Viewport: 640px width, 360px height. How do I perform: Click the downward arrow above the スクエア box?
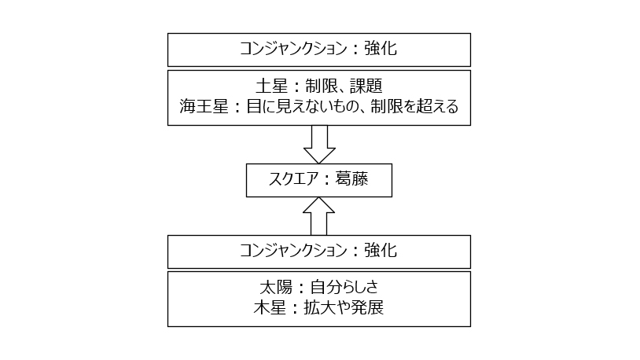[x=319, y=144]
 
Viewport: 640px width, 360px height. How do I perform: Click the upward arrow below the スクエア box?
[x=318, y=216]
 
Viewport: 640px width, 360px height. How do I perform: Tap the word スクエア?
[x=293, y=179]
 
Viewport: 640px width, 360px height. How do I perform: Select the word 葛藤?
[x=351, y=179]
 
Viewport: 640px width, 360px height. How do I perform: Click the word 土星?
[x=272, y=86]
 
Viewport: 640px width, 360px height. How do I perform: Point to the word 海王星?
[x=204, y=107]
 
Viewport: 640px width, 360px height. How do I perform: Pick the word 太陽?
[x=276, y=288]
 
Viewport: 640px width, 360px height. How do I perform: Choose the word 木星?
[x=270, y=308]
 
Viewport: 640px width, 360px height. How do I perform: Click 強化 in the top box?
[x=381, y=49]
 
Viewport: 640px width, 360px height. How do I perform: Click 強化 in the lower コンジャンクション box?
[x=381, y=250]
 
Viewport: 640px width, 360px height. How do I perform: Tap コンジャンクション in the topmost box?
[x=293, y=49]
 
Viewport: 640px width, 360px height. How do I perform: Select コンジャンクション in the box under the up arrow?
[x=293, y=250]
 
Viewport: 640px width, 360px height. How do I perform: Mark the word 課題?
[x=366, y=86]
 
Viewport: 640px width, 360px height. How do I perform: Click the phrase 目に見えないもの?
[x=302, y=107]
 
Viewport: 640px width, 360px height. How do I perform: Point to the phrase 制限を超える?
[x=414, y=107]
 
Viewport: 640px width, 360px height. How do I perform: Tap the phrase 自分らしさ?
[x=344, y=288]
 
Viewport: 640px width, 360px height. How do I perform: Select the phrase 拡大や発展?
[x=344, y=308]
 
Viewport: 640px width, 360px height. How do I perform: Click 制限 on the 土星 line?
[x=322, y=86]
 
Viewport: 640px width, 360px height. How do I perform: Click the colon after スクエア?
[x=327, y=180]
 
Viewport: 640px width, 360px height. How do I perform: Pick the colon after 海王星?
[x=237, y=108]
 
